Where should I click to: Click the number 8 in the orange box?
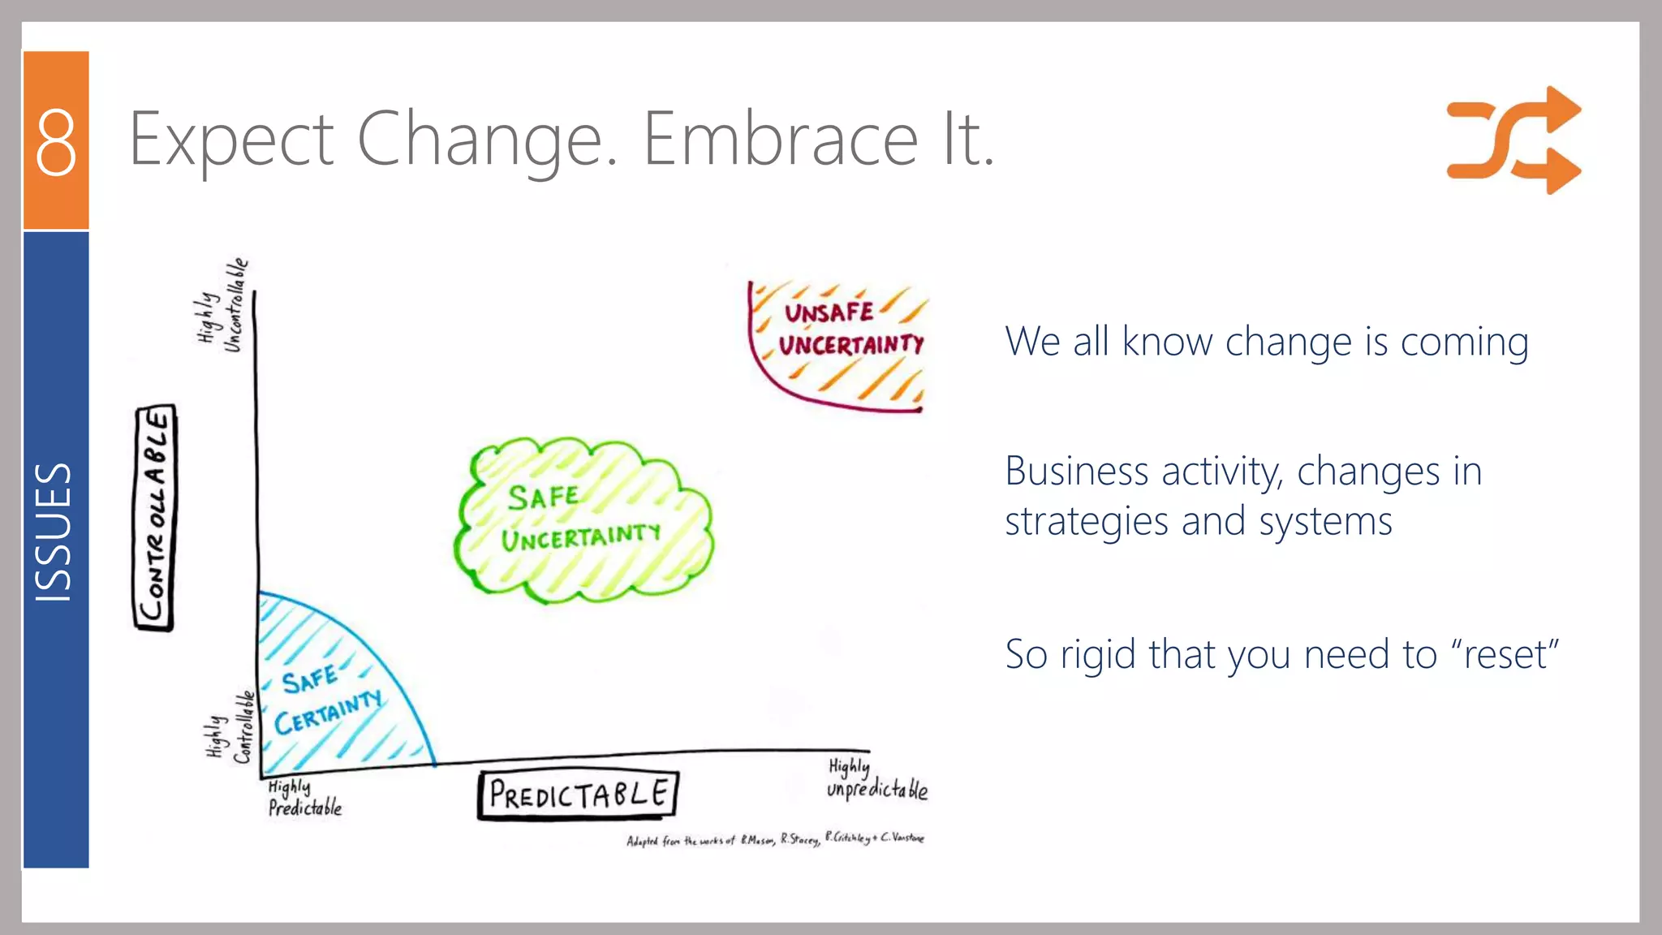point(56,142)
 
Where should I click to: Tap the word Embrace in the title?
point(779,140)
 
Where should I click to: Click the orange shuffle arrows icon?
point(1513,140)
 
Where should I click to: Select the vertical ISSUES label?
point(54,532)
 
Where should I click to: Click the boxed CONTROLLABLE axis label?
point(154,517)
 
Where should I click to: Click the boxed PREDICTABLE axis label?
point(578,795)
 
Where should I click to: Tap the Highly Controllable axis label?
point(230,729)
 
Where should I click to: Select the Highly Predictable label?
point(304,798)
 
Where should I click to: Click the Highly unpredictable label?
point(876,780)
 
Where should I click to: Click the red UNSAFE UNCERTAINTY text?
point(850,329)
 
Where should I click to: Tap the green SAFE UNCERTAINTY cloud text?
point(579,517)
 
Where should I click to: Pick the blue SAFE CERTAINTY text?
point(328,699)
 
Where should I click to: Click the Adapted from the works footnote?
point(775,839)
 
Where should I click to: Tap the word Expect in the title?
point(231,140)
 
